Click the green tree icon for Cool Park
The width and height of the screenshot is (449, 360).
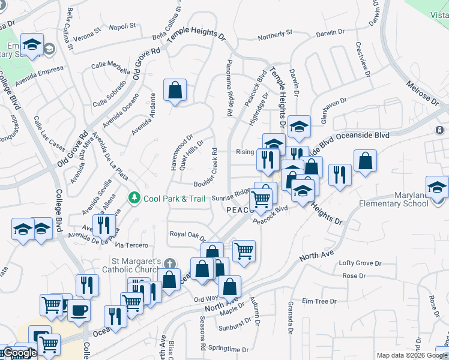coord(134,197)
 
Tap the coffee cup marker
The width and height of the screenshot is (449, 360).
coord(78,311)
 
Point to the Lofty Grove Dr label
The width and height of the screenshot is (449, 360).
coord(360,263)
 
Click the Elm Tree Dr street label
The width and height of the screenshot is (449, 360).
coord(316,301)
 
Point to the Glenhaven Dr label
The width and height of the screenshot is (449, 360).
coord(334,110)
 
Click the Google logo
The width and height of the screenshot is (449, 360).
coord(20,353)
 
